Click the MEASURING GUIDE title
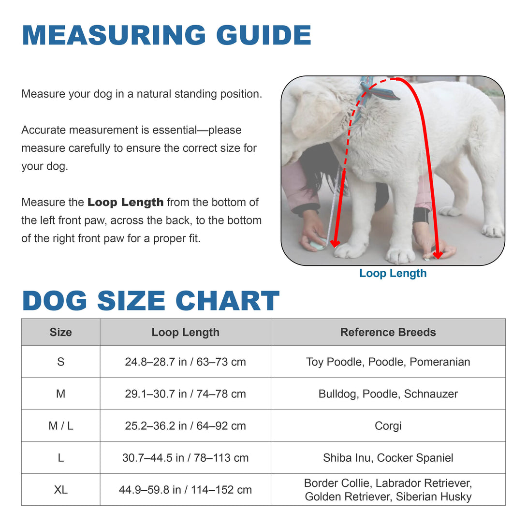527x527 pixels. coord(166,35)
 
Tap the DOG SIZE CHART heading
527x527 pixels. coord(151,301)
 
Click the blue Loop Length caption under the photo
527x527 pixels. coord(393,273)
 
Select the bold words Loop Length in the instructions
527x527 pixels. coord(125,202)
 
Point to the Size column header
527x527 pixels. coord(60,332)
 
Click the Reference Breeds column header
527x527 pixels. coord(388,332)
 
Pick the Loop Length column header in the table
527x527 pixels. coord(185,332)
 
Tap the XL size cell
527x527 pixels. coord(60,490)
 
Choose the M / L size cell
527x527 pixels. coord(60,426)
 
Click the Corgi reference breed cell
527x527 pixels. coord(388,426)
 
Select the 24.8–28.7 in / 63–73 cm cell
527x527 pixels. coord(185,362)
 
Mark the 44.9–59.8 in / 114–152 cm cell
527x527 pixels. coord(185,490)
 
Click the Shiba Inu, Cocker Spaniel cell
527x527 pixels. coord(388,458)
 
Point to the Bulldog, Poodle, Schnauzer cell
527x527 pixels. coord(388,394)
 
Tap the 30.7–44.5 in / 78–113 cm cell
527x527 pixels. coord(185,458)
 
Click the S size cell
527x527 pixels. coord(60,362)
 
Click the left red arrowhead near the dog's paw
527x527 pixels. coord(335,243)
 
